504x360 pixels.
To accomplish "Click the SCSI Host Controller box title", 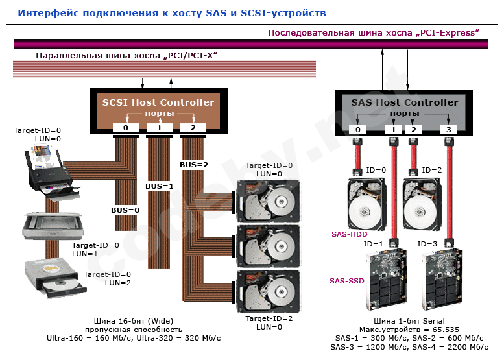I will point(158,102).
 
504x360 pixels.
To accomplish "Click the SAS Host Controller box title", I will point(404,102).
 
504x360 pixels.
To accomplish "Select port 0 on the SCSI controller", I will point(125,128).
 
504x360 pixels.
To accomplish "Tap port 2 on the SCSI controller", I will point(193,128).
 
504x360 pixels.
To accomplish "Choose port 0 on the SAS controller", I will point(358,130).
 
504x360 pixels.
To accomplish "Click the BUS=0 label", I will point(125,210).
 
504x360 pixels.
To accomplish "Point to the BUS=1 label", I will point(160,186).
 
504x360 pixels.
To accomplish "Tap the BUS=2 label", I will point(193,164).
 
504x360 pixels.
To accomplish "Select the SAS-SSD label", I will point(347,281).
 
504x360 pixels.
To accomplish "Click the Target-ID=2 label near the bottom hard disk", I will point(269,318).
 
